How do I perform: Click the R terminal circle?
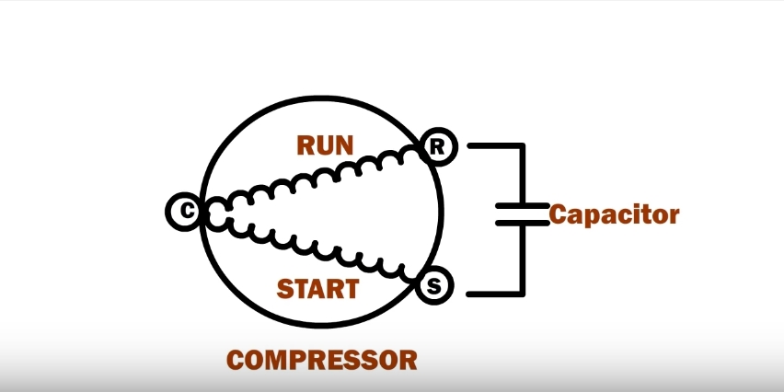click(437, 146)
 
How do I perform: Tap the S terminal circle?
click(435, 286)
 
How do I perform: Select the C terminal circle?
click(185, 212)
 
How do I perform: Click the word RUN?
click(326, 145)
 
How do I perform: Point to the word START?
click(317, 288)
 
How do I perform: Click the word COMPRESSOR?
click(322, 359)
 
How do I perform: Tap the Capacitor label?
click(615, 215)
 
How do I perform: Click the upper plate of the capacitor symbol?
click(523, 204)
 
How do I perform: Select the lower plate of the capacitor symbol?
click(523, 222)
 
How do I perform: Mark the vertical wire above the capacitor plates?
click(523, 175)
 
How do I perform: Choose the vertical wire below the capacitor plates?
click(523, 259)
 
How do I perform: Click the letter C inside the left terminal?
click(185, 212)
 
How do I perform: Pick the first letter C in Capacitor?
click(560, 215)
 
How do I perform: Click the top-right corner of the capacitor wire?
click(523, 145)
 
